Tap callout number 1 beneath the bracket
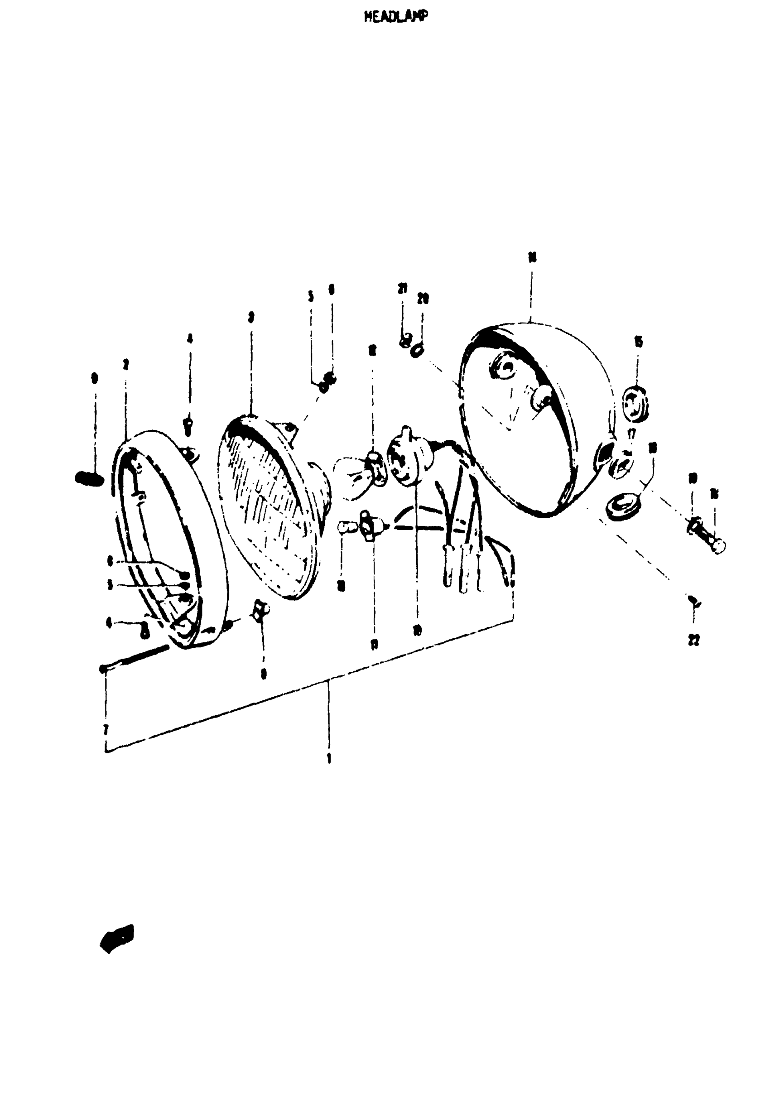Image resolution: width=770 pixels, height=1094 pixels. pos(329,757)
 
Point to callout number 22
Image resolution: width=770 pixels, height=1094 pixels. pos(694,641)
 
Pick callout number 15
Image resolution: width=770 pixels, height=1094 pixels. pos(638,341)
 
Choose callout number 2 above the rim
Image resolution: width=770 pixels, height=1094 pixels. pos(125,365)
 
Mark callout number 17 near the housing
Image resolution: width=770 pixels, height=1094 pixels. pos(631,434)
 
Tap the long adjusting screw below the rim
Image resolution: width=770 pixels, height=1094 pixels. pos(136,659)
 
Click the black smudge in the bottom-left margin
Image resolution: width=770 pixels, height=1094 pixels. pos(117,938)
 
